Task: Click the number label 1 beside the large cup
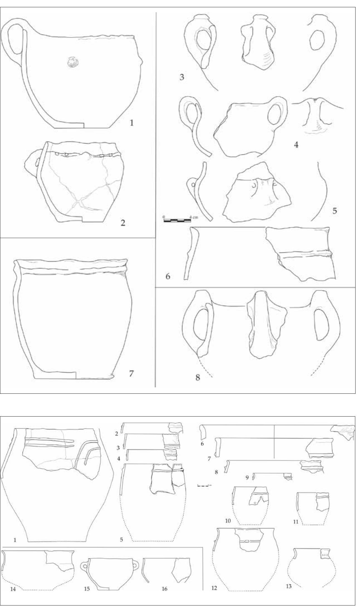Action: point(132,123)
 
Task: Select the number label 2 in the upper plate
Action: point(123,223)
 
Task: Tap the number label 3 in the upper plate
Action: point(182,77)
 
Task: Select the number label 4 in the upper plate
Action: point(296,145)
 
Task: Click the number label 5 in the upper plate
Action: point(334,211)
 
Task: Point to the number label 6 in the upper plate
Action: point(168,277)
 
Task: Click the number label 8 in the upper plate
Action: point(198,378)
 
